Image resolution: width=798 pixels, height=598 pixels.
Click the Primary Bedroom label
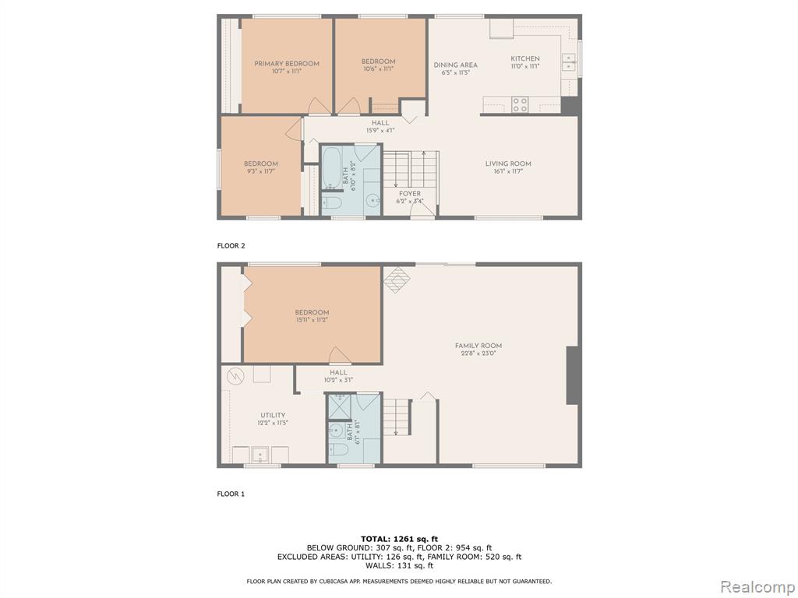[x=287, y=64]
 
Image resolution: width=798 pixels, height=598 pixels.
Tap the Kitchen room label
[x=525, y=58]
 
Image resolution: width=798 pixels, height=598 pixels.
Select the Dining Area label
[x=455, y=65]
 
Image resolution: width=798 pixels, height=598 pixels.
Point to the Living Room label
[x=508, y=164]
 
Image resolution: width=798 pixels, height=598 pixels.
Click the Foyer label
[x=410, y=194]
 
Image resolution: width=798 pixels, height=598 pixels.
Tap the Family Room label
[x=478, y=346]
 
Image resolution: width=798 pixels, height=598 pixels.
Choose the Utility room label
[x=273, y=415]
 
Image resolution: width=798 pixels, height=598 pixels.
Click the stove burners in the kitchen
[x=520, y=105]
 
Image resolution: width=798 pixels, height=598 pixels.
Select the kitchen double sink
[x=568, y=65]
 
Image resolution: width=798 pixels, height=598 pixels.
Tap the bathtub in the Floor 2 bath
[x=332, y=167]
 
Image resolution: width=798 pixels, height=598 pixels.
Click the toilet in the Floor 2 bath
[x=334, y=203]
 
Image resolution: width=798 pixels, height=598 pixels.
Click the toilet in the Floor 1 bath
[x=338, y=449]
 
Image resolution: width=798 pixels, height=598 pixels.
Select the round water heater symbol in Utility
[x=236, y=376]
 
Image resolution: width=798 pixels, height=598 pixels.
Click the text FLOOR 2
[x=231, y=245]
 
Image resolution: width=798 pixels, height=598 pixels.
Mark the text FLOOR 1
[x=231, y=494]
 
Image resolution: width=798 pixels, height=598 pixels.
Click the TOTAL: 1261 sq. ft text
[x=400, y=539]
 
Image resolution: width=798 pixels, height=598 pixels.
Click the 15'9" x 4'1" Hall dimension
[x=380, y=130]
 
